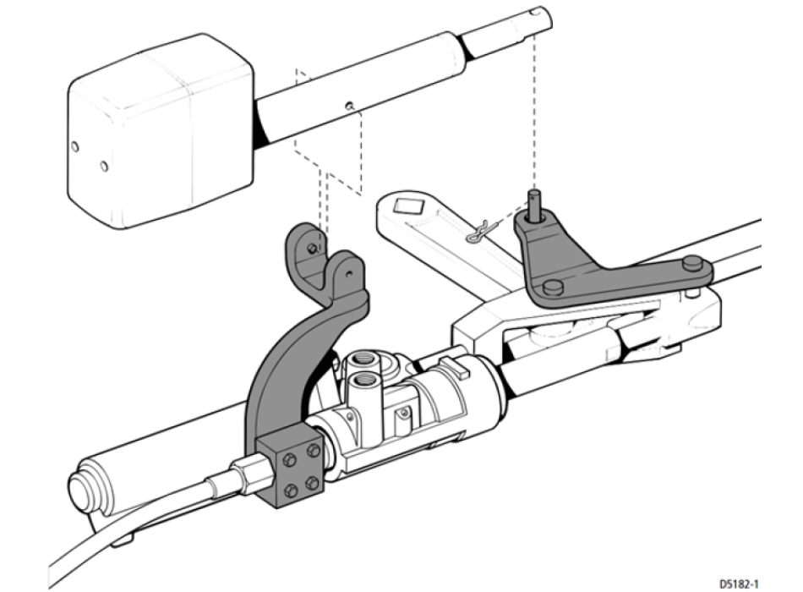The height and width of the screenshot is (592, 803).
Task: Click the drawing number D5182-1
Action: coord(739,584)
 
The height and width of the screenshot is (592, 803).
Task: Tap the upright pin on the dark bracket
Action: coord(535,205)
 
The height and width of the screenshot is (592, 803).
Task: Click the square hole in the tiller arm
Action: coord(408,207)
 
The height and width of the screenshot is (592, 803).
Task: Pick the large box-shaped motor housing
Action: coord(161,132)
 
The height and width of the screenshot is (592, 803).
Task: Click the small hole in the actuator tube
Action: coord(349,106)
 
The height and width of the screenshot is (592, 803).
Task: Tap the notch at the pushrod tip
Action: coord(536,11)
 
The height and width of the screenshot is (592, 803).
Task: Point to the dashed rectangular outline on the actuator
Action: coord(328,131)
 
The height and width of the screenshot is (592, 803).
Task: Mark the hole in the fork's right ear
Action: coord(349,274)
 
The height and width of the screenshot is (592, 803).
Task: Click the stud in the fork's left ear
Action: coord(312,248)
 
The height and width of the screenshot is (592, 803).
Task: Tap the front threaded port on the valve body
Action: coord(363,382)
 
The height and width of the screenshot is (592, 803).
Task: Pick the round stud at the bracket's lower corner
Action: coord(553,288)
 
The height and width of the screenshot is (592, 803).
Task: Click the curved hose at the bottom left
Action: coord(128,533)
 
